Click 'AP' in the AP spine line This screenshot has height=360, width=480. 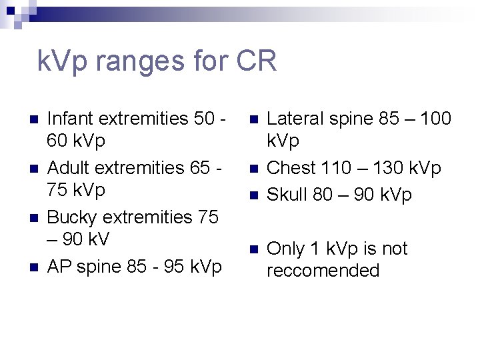tap(59, 267)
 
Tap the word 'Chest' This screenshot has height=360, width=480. tap(291, 168)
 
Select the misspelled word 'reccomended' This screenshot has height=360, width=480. tap(323, 271)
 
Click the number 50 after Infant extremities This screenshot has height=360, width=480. tap(205, 119)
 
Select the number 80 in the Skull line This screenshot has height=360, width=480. tap(322, 195)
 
